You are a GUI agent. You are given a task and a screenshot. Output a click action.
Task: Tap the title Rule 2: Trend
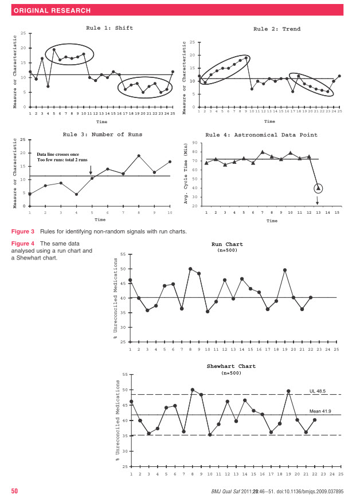tap(277, 29)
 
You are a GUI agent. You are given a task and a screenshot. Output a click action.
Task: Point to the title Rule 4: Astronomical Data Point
tap(269, 135)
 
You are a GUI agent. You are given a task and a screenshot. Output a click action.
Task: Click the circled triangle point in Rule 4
tap(318, 188)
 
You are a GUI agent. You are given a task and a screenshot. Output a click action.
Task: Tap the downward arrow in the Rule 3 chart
tap(91, 170)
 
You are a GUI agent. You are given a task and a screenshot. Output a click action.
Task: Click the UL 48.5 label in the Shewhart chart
tap(318, 391)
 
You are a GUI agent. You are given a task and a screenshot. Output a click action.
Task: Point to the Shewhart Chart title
tap(231, 366)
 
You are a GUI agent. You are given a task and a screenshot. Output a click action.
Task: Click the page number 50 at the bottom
tap(15, 491)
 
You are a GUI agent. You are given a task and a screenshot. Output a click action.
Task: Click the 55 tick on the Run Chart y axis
tap(123, 254)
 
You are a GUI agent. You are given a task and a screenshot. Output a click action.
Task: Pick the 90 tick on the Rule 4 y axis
tap(195, 143)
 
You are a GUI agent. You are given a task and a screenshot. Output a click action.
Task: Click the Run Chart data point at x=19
tap(285, 270)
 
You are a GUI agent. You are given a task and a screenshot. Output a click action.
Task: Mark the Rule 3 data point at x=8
tap(139, 156)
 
